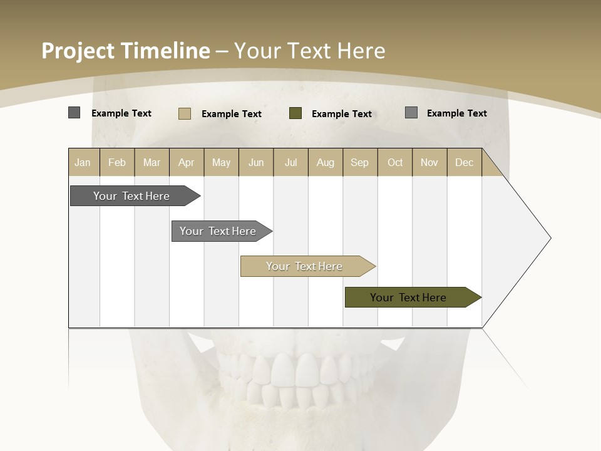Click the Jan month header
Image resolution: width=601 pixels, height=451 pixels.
point(83,162)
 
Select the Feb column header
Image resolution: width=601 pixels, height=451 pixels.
point(117,162)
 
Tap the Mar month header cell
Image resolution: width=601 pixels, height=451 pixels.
point(152,162)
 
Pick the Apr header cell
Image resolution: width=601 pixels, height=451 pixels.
point(186,162)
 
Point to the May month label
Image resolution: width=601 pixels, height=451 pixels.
point(221,162)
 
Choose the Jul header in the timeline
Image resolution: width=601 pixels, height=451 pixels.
point(290,162)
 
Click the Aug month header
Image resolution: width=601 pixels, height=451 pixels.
point(325,162)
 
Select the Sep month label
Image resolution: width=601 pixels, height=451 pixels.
point(359,162)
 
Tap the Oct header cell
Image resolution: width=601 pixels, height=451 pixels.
point(395,162)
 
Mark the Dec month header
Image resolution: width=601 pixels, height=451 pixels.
point(464,162)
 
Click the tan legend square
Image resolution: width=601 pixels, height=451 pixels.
point(184,113)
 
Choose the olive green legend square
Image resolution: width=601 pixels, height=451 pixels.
point(295,113)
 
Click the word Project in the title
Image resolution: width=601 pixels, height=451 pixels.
point(78,51)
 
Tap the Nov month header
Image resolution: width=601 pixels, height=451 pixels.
point(429,162)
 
